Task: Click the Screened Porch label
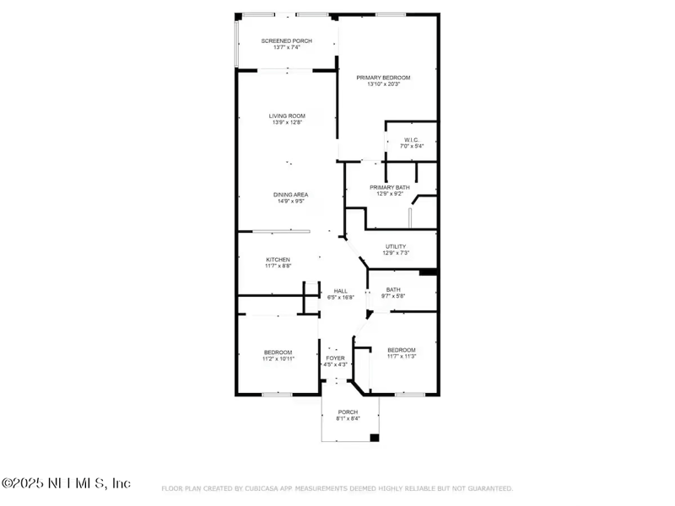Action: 287,40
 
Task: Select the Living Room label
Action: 287,116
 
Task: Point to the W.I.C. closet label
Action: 412,140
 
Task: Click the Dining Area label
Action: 289,195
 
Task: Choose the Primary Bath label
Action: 389,186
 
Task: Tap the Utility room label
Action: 396,246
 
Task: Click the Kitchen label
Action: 278,259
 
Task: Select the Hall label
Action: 340,291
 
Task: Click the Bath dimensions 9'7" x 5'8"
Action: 394,296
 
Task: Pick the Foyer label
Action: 336,358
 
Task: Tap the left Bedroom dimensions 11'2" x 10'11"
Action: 278,358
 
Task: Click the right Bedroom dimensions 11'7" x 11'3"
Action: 402,357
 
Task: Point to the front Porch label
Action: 348,412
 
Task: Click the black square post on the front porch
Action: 375,438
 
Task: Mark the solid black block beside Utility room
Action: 428,272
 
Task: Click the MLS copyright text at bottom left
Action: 66,483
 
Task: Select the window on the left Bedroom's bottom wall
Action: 277,394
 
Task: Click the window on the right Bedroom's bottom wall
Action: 409,394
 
